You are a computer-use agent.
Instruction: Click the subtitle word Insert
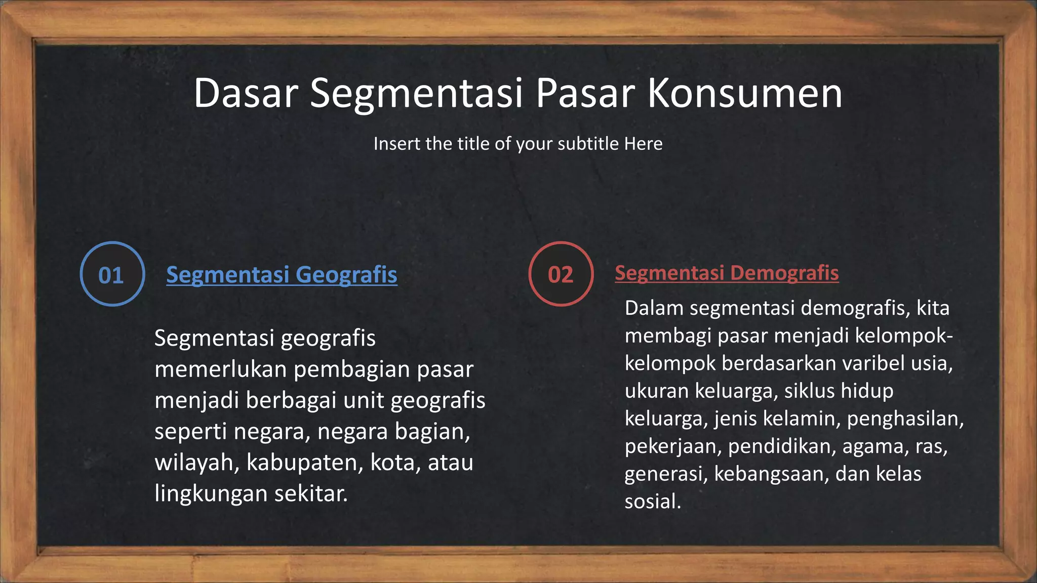tap(397, 144)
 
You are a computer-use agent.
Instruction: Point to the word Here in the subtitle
tap(643, 144)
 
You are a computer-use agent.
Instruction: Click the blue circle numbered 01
tap(112, 274)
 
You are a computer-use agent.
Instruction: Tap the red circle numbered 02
tap(561, 274)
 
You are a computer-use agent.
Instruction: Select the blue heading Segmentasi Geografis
tap(282, 275)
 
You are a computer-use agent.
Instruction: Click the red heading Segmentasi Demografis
tap(727, 273)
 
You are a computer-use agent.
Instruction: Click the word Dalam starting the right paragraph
tap(654, 308)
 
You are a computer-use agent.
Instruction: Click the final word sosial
tap(652, 502)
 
